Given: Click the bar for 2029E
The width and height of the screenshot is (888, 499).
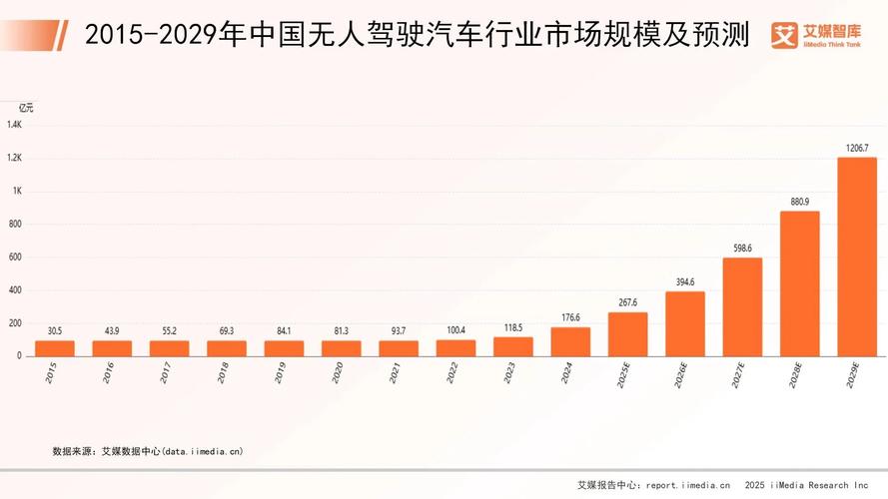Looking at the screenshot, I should point(857,255).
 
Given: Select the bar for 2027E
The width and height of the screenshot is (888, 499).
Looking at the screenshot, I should point(742,306).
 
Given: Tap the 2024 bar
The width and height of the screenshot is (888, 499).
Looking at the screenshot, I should point(570,341).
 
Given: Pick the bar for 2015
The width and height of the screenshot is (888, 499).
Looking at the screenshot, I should point(55,348).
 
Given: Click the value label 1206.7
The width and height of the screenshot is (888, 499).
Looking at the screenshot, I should point(857,148).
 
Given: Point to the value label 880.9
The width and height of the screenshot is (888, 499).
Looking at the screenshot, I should point(799,202).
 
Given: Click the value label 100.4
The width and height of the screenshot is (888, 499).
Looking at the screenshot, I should point(455,330).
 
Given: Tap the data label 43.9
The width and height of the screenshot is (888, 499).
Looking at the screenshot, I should point(112,331).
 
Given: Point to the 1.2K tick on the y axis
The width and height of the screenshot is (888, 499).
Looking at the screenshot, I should point(15,159).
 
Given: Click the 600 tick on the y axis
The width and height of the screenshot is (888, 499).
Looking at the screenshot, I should point(15,257).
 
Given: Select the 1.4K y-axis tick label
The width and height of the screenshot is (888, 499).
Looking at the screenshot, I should point(15,125).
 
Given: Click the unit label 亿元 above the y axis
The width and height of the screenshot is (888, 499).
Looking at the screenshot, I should point(26,108).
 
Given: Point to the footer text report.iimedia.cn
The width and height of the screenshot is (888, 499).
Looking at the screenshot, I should point(688,485).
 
